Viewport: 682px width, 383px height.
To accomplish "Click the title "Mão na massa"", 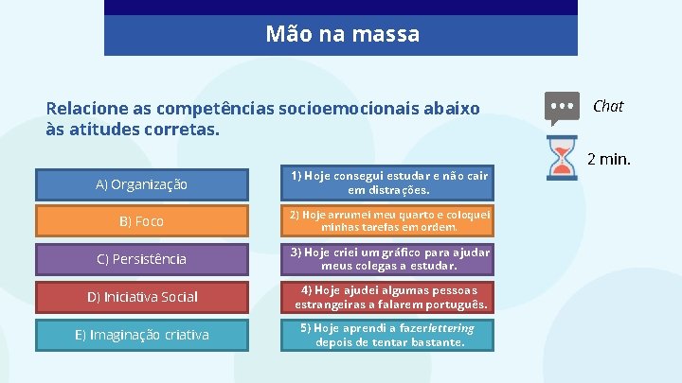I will coord(342,35).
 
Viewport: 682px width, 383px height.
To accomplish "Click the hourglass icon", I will coord(563,158).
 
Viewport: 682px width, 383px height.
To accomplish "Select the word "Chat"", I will coord(608,106).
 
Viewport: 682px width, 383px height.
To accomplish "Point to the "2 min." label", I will coord(609,159).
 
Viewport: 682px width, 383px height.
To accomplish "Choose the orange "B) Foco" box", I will coord(141,221).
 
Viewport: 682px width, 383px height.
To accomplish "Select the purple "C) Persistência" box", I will coord(141,259).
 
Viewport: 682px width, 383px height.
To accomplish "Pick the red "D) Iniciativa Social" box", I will coord(141,297).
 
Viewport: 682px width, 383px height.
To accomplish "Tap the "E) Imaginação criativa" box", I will coord(141,335).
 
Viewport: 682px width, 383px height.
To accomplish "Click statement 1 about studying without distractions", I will coord(389,183).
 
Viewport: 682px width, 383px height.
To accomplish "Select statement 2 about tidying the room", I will coord(389,221).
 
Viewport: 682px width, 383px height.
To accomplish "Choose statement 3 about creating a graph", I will coord(389,259).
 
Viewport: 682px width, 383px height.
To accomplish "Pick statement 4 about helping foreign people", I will coord(389,297).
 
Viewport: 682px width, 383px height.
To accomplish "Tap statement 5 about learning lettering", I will coord(389,335).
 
